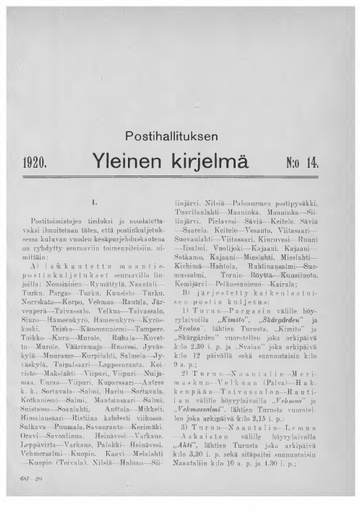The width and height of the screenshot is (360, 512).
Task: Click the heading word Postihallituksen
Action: (180, 133)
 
